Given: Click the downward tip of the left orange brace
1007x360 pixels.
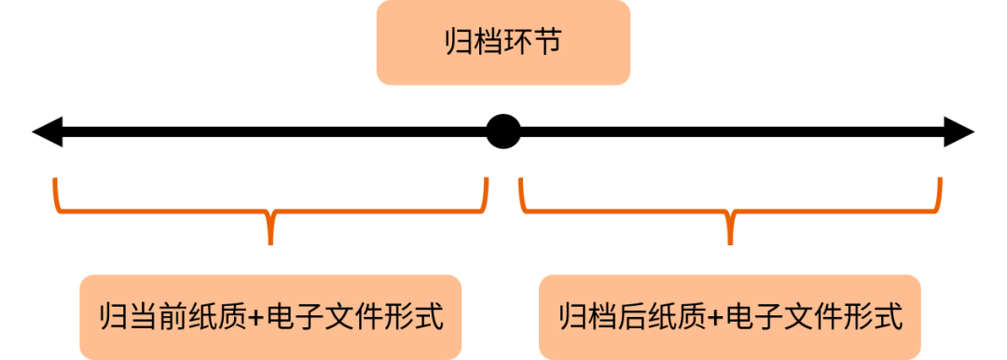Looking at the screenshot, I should pyautogui.click(x=270, y=241).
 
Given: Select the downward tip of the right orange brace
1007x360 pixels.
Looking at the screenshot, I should pyautogui.click(x=730, y=241).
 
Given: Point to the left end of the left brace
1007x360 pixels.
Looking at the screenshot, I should pyautogui.click(x=57, y=181).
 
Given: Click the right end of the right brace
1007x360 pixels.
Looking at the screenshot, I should pyautogui.click(x=940, y=181).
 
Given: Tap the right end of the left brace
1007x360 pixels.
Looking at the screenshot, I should pyautogui.click(x=485, y=181).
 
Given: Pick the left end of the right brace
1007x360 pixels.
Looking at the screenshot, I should pyautogui.click(x=521, y=181).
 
